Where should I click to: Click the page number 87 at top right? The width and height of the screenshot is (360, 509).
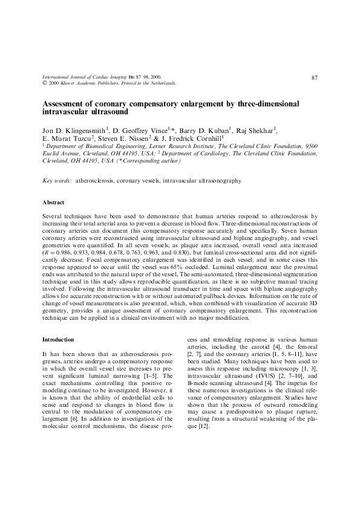pyautogui.click(x=315, y=77)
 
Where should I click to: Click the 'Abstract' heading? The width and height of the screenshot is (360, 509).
pyautogui.click(x=53, y=202)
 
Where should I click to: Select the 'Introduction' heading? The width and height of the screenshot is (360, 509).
pyautogui.click(x=58, y=340)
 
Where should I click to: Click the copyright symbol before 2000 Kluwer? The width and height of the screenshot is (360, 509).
pyautogui.click(x=44, y=83)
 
